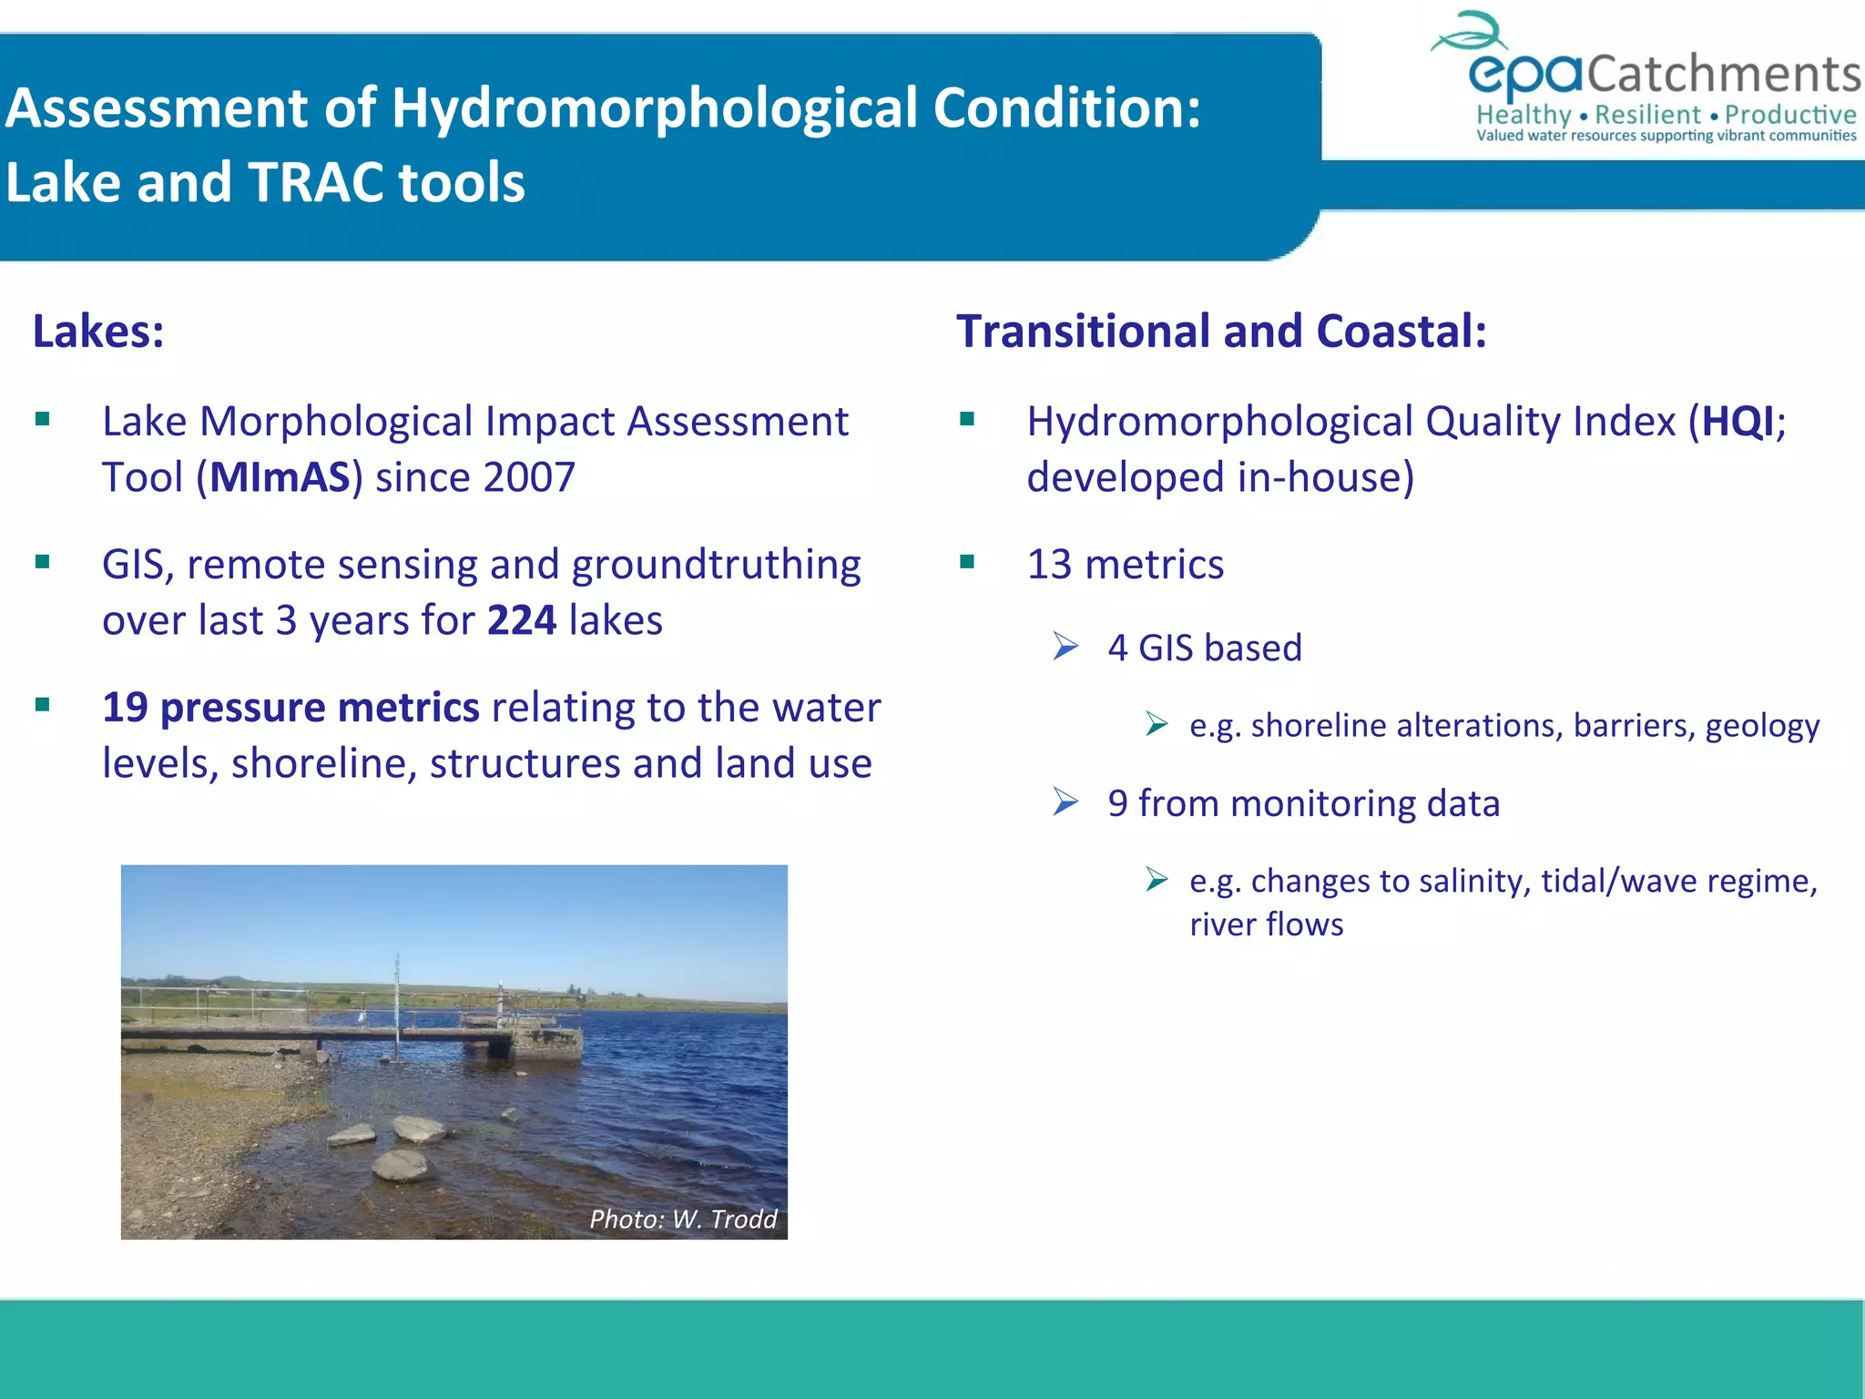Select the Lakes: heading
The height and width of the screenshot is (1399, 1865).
coord(98,332)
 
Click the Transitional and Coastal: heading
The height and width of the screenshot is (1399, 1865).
coord(1221,332)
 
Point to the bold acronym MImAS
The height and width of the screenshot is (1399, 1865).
coord(280,478)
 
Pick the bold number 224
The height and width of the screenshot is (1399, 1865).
coord(521,621)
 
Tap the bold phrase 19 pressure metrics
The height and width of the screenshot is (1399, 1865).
coord(290,708)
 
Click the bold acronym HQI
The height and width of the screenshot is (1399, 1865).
coord(1738,423)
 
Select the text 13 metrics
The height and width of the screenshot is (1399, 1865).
coord(1125,565)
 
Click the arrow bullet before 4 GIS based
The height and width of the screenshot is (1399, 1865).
coord(1065,648)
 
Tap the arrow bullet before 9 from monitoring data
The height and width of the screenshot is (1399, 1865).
coord(1065,802)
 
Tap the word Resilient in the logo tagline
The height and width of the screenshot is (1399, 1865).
coord(1647,116)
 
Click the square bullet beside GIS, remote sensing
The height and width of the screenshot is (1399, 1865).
coord(43,563)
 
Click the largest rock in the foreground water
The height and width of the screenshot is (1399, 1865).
coord(401,1165)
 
